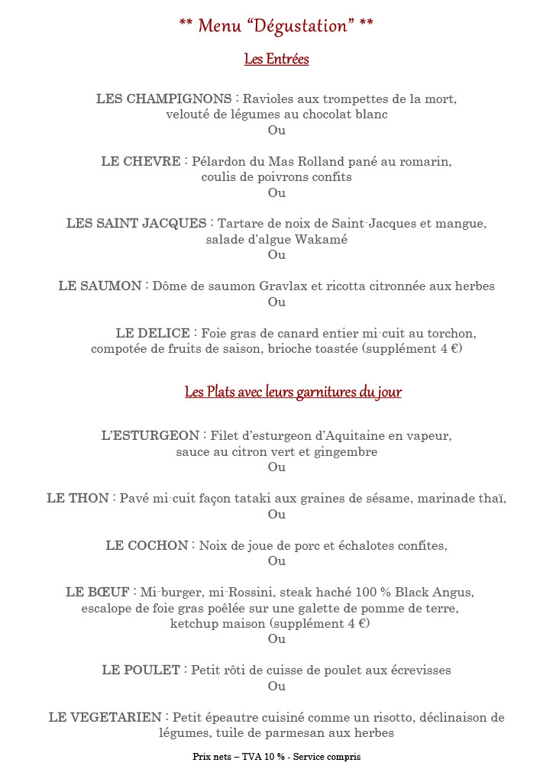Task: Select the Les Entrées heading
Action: point(276,59)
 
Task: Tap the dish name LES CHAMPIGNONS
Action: point(163,99)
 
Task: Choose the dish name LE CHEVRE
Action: point(141,162)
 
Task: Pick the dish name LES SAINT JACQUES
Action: point(136,224)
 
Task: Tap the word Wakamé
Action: point(324,239)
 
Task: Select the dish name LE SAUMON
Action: point(99,286)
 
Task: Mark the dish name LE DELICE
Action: point(153,334)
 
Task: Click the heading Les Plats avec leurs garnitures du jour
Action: point(293,393)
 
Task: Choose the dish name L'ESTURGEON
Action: point(150,436)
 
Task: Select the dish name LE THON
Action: point(78,499)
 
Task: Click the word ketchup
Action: point(193,623)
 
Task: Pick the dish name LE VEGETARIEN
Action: point(105,718)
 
